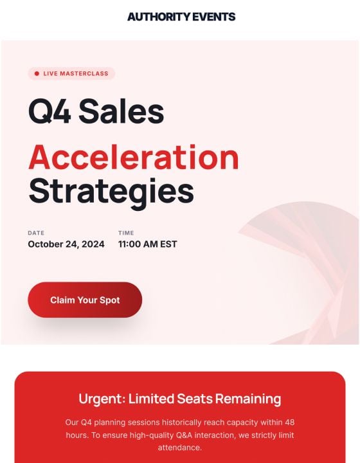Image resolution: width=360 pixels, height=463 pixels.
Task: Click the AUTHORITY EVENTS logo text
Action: [x=181, y=17]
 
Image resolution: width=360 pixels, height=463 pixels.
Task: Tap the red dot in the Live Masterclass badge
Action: [x=37, y=74]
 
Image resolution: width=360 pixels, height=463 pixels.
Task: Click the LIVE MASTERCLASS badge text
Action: [x=76, y=74]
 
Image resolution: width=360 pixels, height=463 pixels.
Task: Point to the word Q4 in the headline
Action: [x=50, y=111]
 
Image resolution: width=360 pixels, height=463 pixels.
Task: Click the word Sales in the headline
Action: [x=122, y=111]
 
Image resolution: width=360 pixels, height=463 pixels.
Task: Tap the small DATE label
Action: [x=36, y=233]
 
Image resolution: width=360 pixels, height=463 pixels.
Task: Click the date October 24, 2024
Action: [x=66, y=244]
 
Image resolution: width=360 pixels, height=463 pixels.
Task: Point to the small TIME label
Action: [x=126, y=233]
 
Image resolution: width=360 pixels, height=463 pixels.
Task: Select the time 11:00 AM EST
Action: [x=147, y=244]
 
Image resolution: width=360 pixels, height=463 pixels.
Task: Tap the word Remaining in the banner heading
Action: [x=248, y=399]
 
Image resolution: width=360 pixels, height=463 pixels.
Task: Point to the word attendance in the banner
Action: [x=180, y=448]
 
